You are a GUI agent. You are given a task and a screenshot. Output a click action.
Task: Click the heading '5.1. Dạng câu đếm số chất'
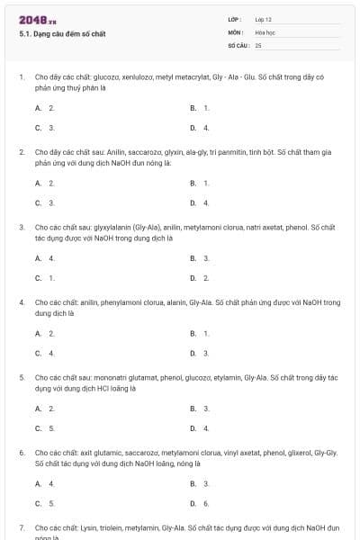pyautogui.click(x=61, y=34)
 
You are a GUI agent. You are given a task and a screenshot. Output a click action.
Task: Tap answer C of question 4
pyautogui.click(x=45, y=353)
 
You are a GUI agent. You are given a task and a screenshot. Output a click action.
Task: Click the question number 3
pyautogui.click(x=22, y=227)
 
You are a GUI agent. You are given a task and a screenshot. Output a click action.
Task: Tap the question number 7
pyautogui.click(x=22, y=527)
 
